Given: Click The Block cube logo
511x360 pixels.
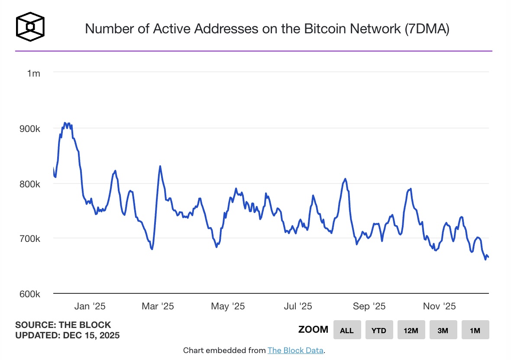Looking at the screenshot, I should tap(30, 27).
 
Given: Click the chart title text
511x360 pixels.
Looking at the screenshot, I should tap(267, 29).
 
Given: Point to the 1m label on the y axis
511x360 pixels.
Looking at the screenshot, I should tap(33, 74).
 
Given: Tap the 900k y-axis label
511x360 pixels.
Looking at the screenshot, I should tap(29, 129).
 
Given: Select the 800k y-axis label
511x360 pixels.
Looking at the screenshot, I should tap(29, 183).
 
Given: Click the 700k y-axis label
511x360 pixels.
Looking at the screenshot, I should tap(29, 238).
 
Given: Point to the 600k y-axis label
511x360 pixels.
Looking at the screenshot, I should tap(29, 294).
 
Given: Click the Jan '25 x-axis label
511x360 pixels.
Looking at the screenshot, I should tap(90, 306).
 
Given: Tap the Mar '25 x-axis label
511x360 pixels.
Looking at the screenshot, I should tap(158, 306).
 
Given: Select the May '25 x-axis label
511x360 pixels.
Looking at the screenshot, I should tap(228, 306).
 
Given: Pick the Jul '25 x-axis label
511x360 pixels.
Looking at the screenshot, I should tap(298, 306).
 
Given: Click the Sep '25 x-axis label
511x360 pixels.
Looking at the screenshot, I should tap(369, 306).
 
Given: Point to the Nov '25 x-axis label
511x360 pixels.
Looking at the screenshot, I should tap(439, 306).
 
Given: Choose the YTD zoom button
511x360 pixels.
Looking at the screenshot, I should tap(379, 330).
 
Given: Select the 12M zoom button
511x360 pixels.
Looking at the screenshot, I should tap(411, 330).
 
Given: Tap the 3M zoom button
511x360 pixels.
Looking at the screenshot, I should tap(443, 330).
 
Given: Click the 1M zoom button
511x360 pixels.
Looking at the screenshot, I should tap(475, 330).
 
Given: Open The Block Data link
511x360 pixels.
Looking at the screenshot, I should tap(295, 350).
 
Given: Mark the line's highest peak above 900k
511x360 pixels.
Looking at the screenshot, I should tap(65, 123).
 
